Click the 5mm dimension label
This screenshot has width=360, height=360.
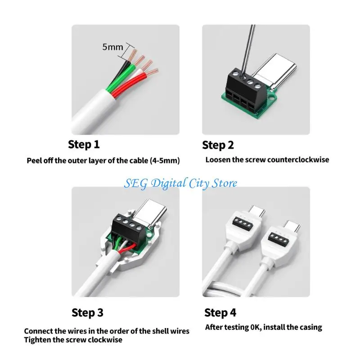[x=112, y=47]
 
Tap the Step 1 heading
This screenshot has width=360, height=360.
[x=84, y=144]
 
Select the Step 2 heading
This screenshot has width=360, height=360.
[x=218, y=145]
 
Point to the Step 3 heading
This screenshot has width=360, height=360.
[x=87, y=313]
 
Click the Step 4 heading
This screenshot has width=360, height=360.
[x=220, y=313]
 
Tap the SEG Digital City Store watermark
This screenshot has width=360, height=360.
[x=180, y=184]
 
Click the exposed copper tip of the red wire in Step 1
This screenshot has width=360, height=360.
[x=152, y=72]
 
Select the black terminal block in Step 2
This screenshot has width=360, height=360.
[x=246, y=90]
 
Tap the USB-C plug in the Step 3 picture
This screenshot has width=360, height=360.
[x=149, y=213]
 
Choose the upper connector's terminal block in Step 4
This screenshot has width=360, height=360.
[x=243, y=223]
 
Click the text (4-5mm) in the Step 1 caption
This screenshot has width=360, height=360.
[x=165, y=161]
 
